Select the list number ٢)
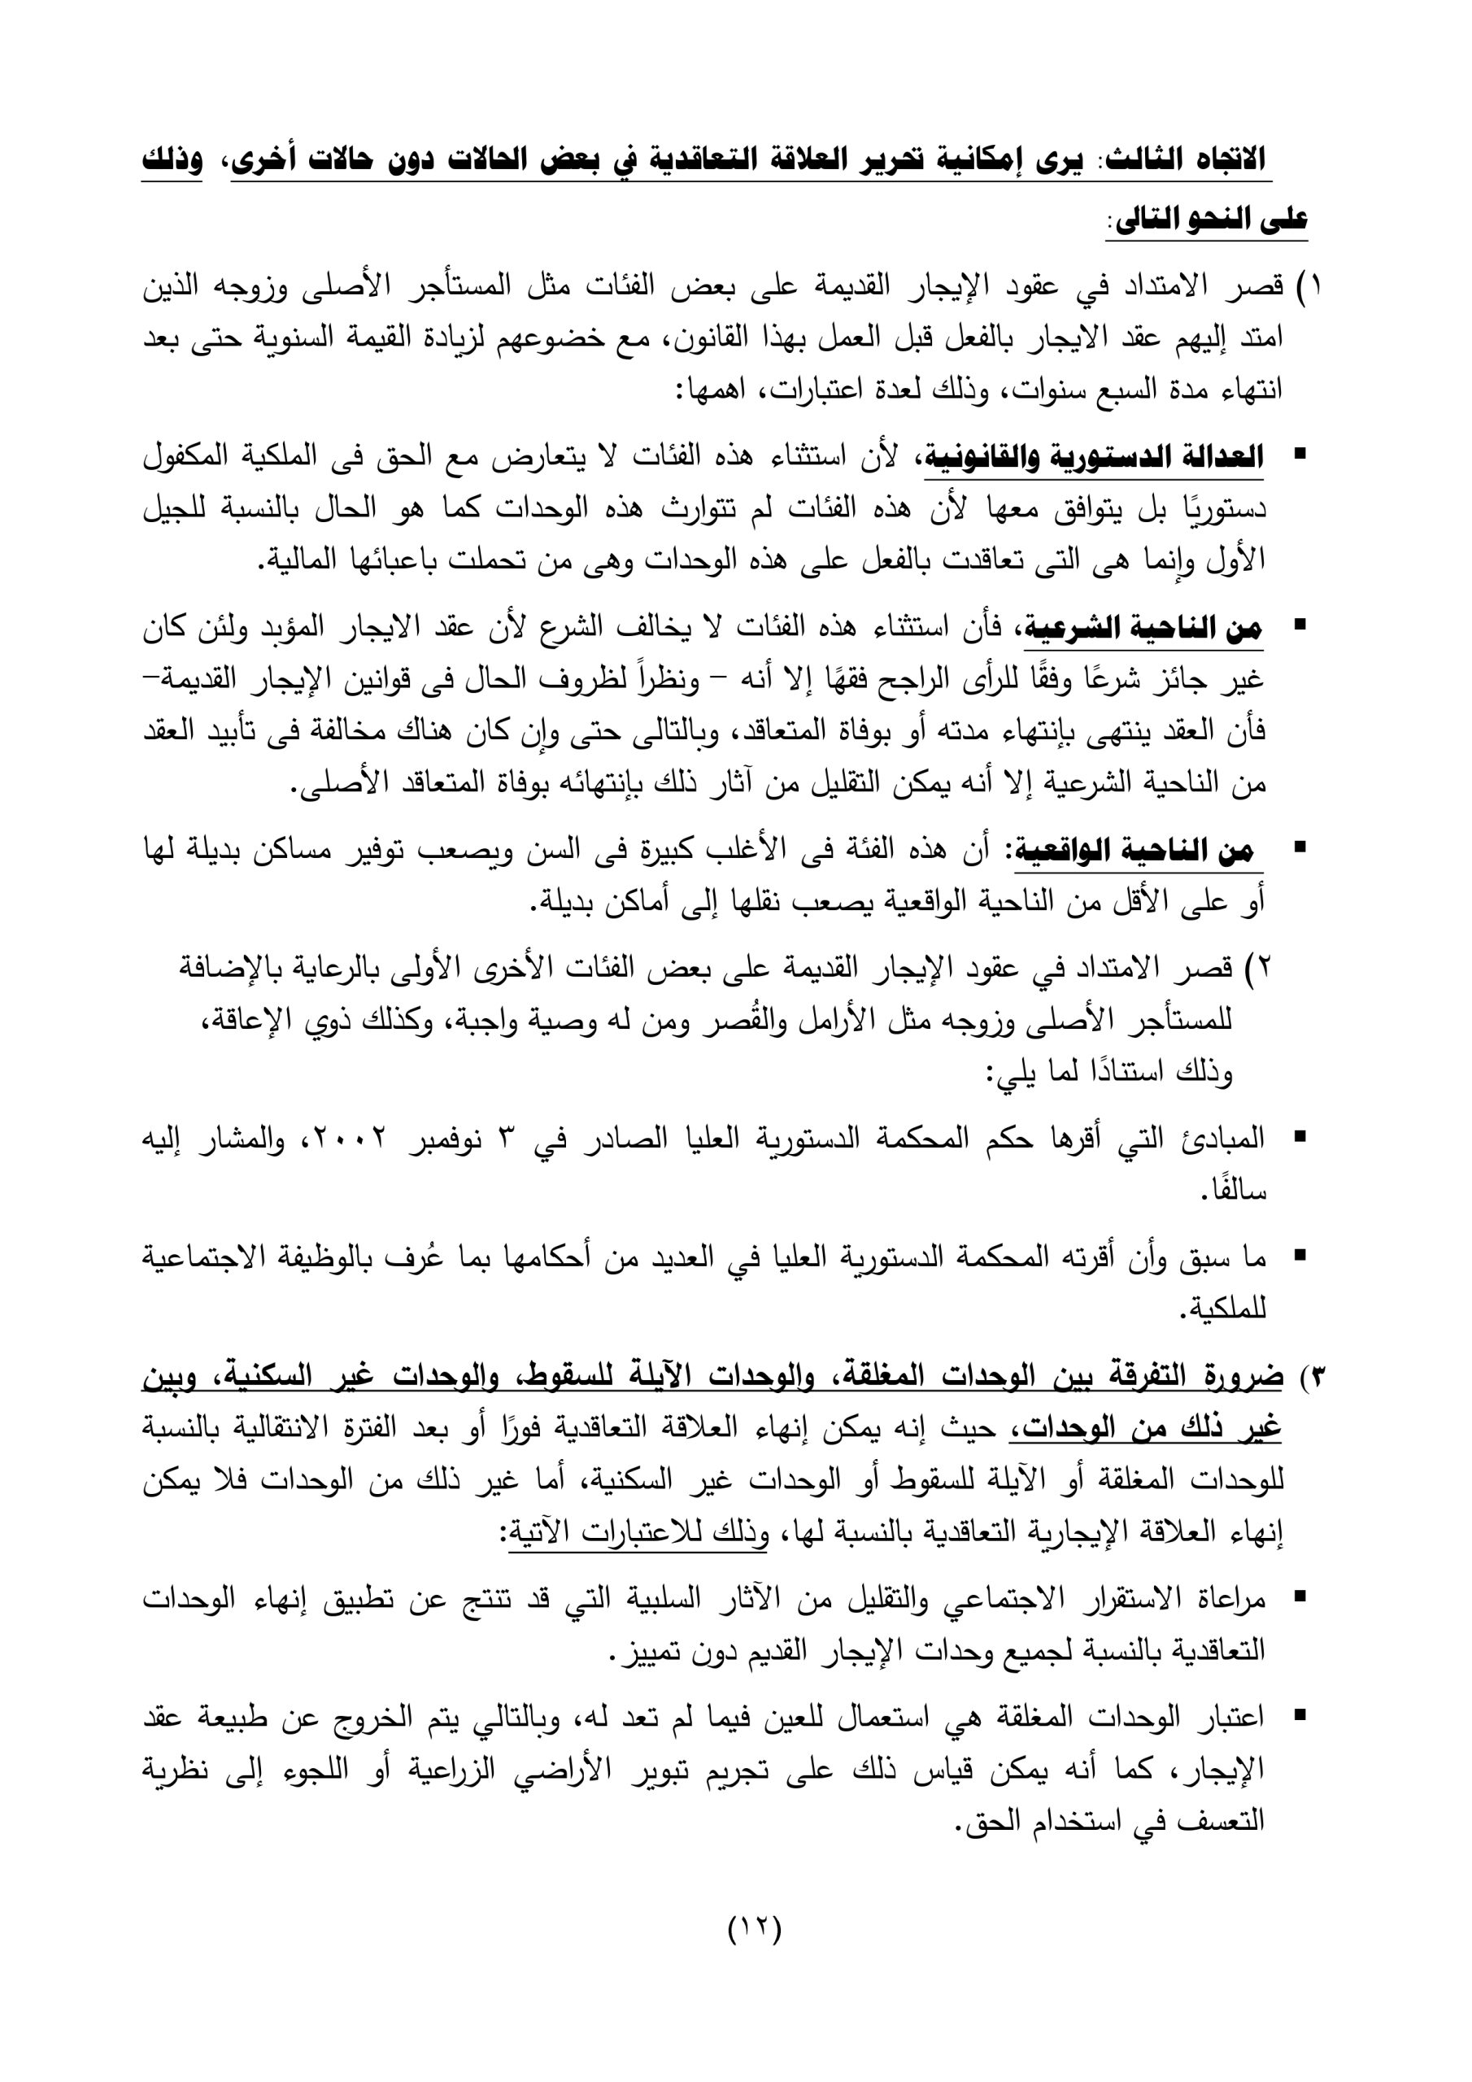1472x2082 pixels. (1257, 969)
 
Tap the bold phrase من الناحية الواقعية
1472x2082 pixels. (1134, 851)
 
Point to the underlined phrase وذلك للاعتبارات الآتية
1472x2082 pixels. (638, 1533)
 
